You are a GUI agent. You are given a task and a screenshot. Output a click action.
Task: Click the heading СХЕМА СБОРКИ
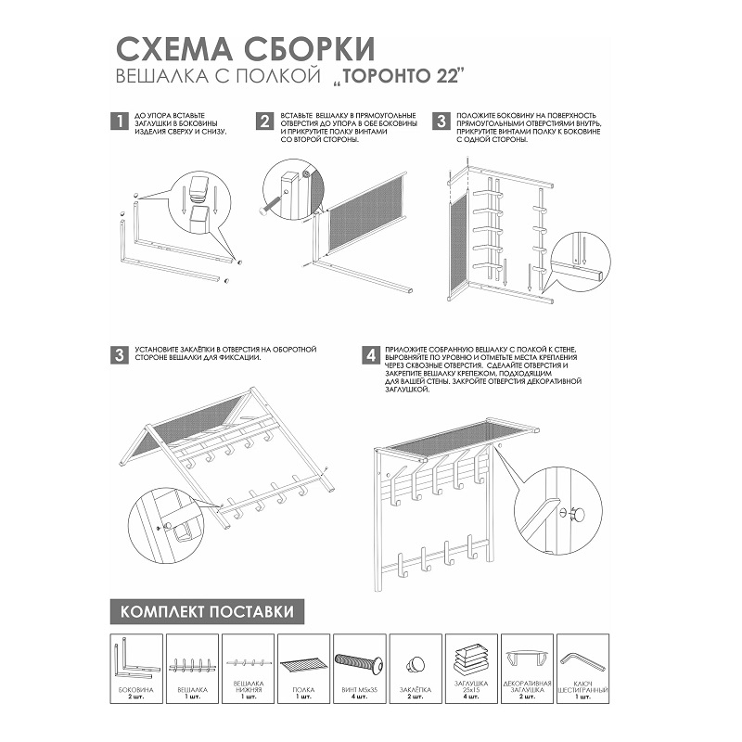click(x=243, y=47)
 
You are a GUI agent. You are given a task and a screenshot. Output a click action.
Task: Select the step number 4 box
click(x=370, y=355)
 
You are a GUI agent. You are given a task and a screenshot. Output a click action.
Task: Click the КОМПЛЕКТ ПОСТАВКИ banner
click(x=206, y=612)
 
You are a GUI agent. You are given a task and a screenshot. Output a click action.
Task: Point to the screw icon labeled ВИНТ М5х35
click(x=359, y=662)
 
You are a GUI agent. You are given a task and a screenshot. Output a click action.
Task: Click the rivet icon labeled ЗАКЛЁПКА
click(x=415, y=663)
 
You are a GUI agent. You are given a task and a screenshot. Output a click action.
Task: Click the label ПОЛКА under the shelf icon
click(x=304, y=692)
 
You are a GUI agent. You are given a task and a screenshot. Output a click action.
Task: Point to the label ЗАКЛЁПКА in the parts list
click(x=416, y=692)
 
